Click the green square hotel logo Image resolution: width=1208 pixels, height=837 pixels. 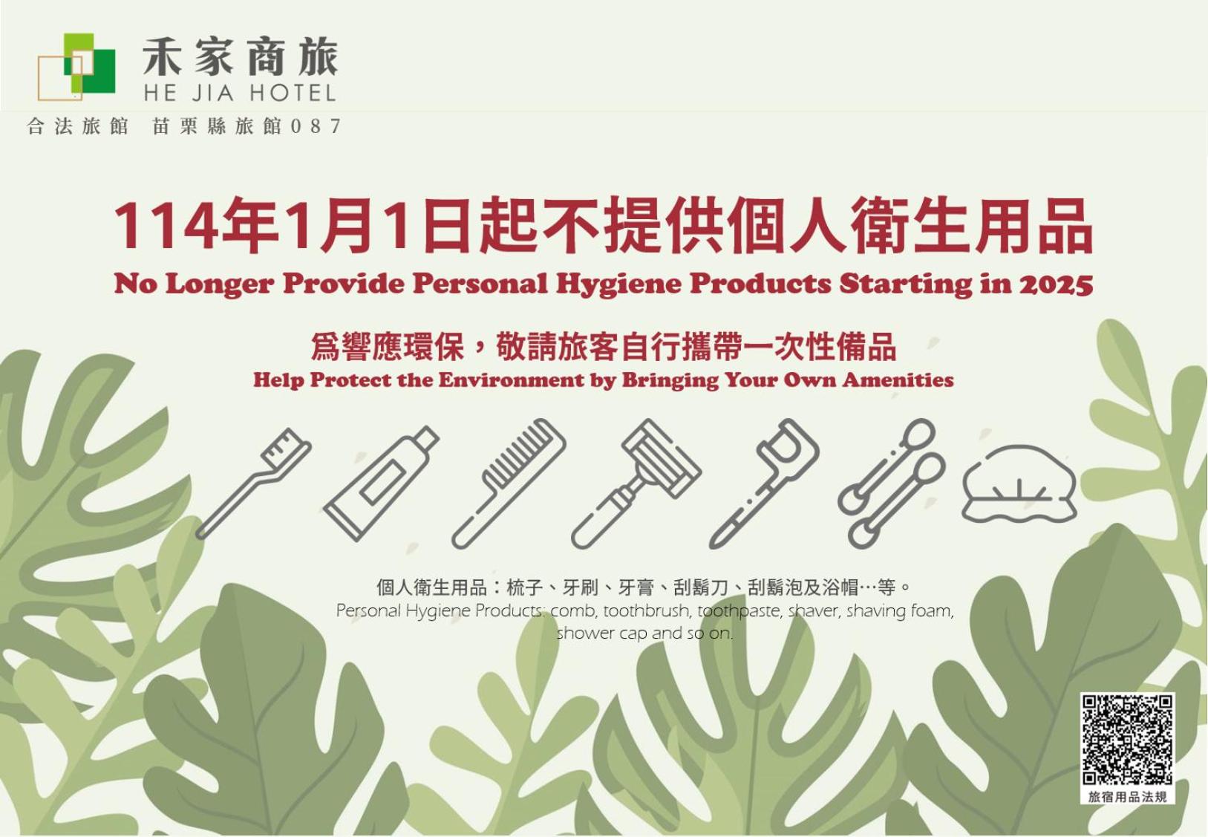[77, 67]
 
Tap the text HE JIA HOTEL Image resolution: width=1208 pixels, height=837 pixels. [240, 94]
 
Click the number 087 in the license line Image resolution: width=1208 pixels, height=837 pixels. [316, 126]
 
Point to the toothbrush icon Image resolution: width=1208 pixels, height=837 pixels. [253, 483]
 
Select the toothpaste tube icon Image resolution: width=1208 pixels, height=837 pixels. [382, 483]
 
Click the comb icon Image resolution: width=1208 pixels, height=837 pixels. [509, 483]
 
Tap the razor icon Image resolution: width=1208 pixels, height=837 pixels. [636, 483]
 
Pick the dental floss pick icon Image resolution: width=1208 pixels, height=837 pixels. [764, 483]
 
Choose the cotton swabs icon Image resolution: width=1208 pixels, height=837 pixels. [892, 483]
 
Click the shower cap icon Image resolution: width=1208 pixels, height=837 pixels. [1019, 483]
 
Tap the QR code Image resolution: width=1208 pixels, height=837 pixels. [1126, 740]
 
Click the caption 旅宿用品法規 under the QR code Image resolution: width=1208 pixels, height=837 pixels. [1127, 797]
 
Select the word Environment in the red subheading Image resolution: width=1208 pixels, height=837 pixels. [511, 380]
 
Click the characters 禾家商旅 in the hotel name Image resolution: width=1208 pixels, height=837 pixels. [241, 56]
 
